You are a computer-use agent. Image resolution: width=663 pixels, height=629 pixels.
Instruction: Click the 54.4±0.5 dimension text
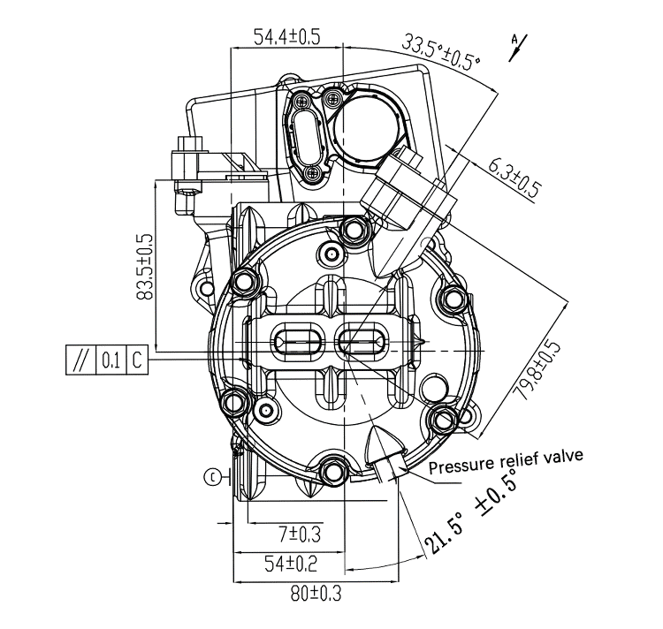pos(286,37)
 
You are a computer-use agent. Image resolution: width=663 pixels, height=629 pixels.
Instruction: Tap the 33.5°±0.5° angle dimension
pos(440,52)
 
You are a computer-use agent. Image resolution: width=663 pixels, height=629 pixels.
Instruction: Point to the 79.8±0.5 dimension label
pos(537,370)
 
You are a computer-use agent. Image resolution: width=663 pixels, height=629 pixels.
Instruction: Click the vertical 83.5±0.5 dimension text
pos(145,267)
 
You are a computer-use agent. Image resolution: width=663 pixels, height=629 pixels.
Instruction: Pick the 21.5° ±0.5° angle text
pos(474,512)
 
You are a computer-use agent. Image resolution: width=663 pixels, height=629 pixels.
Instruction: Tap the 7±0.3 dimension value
pos(300,534)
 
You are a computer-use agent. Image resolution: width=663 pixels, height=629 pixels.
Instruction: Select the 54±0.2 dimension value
pos(291,564)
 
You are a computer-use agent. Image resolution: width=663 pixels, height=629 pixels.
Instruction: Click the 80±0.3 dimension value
pos(316,594)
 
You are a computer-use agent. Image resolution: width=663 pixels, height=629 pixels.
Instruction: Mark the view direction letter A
pos(514,39)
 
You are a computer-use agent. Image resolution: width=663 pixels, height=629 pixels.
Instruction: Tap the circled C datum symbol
pos(212,477)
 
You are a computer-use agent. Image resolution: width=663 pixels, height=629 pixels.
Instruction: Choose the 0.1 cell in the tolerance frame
pos(110,360)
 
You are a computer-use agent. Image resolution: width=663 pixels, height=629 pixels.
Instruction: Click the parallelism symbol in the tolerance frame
pos(81,360)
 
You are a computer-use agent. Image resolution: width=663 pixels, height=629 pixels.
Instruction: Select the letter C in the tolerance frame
pos(137,360)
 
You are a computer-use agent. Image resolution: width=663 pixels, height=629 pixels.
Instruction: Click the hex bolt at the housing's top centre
pos(353,231)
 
